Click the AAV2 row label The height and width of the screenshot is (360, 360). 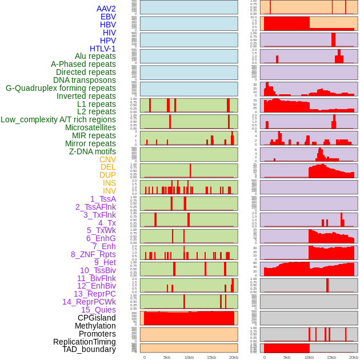coord(106,9)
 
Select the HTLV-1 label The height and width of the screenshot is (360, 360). coord(103,49)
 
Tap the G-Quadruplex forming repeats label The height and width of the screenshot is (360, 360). coord(61,88)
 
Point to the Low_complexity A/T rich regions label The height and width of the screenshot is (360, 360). coord(58,119)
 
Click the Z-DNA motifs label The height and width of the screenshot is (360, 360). coord(93,151)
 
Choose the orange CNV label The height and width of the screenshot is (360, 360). coord(107,159)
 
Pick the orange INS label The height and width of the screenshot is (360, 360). coord(109,183)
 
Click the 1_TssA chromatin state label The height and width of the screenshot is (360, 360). coord(103,199)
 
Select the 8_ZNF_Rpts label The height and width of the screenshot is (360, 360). coord(93,254)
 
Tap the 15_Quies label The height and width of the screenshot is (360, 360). coord(98,310)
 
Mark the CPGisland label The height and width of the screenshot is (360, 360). coord(97,318)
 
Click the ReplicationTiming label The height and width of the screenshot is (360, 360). coord(85,342)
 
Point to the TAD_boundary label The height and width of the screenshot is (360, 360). coord(89,349)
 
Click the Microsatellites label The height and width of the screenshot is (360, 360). coord(90,127)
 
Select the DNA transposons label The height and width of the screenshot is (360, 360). coord(85,80)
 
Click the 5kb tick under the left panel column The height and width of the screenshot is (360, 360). coord(167,357)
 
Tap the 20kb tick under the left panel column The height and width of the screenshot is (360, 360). coord(233,357)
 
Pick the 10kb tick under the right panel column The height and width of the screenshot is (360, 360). coord(309,357)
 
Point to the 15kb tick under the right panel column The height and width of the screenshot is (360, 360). coord(331,357)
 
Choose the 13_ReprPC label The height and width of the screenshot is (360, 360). coord(94,294)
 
